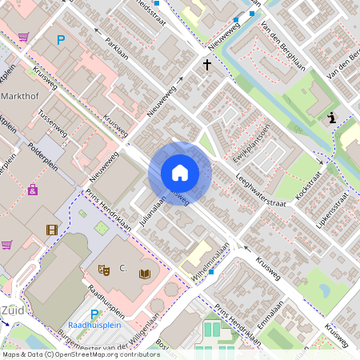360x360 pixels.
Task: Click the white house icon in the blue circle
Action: click(x=180, y=173)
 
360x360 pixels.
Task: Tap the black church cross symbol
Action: click(x=206, y=64)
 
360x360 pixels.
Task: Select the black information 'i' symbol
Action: click(x=331, y=118)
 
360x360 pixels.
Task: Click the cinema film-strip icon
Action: click(x=52, y=230)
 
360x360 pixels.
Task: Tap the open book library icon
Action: click(x=145, y=274)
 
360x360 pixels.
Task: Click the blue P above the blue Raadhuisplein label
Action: click(x=94, y=314)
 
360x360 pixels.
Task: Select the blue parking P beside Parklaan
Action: click(x=60, y=39)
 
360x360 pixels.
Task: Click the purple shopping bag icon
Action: click(x=33, y=190)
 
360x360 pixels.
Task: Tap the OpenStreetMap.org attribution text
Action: click(x=109, y=354)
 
